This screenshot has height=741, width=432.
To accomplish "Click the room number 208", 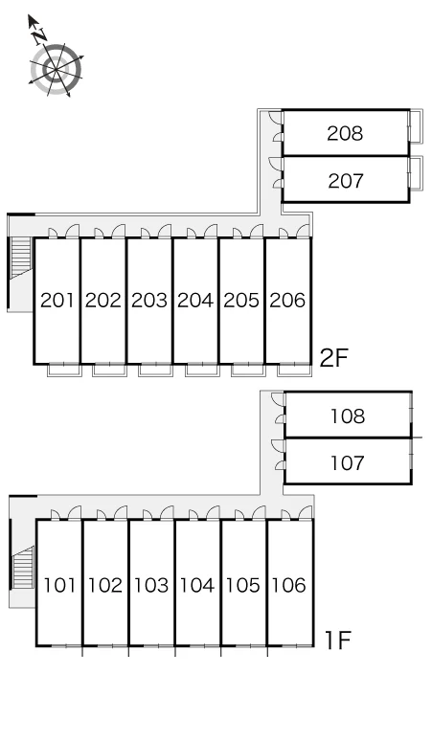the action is [345, 133].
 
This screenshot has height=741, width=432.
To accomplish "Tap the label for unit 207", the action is [346, 181].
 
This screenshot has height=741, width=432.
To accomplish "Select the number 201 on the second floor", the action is [57, 300].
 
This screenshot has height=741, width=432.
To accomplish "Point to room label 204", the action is [195, 300].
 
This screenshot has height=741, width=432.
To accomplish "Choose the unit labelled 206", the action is [288, 300].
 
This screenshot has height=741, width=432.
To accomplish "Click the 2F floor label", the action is [333, 357].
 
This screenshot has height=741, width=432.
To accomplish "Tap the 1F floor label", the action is [337, 640].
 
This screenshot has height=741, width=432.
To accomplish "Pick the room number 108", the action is [348, 416].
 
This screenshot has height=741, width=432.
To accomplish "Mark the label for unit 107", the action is [348, 463].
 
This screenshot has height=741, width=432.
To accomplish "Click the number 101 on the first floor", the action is [59, 586].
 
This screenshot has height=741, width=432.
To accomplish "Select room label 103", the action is [151, 586].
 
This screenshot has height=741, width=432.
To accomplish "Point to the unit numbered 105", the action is [243, 586].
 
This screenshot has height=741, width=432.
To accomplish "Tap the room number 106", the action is [289, 586].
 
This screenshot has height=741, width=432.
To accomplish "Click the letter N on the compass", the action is [39, 35].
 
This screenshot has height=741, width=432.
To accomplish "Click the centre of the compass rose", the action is [56, 70].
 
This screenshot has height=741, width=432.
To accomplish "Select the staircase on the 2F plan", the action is [21, 257].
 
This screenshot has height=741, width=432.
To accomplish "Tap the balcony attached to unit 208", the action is [416, 126].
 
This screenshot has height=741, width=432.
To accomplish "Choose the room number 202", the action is [103, 300].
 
